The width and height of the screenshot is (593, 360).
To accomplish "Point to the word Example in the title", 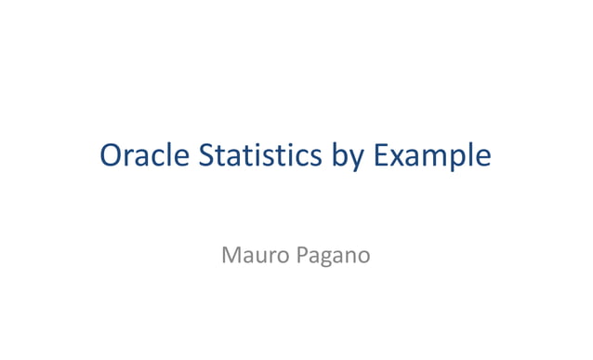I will (x=432, y=156).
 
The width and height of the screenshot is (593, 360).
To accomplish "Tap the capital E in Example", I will (x=381, y=155).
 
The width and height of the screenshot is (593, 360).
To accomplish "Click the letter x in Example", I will (x=399, y=157).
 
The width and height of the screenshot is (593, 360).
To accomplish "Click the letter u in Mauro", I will (x=259, y=256).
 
